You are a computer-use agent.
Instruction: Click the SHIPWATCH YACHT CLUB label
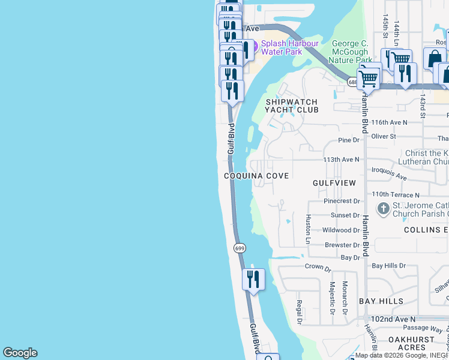point(292,106)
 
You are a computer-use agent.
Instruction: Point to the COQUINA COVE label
point(256,176)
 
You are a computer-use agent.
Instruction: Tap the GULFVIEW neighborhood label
point(334,182)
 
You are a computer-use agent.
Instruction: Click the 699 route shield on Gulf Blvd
point(239,248)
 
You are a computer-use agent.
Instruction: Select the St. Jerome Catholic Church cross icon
point(383,209)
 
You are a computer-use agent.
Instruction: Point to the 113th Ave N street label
point(341,160)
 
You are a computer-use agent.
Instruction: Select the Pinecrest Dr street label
point(342,202)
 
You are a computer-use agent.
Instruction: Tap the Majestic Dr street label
point(332,298)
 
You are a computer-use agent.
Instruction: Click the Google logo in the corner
point(20,353)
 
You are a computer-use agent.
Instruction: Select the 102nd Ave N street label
point(393,319)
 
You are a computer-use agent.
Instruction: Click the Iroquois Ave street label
point(390,174)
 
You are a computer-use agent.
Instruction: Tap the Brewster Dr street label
point(342,245)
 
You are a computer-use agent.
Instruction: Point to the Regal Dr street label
point(298,312)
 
